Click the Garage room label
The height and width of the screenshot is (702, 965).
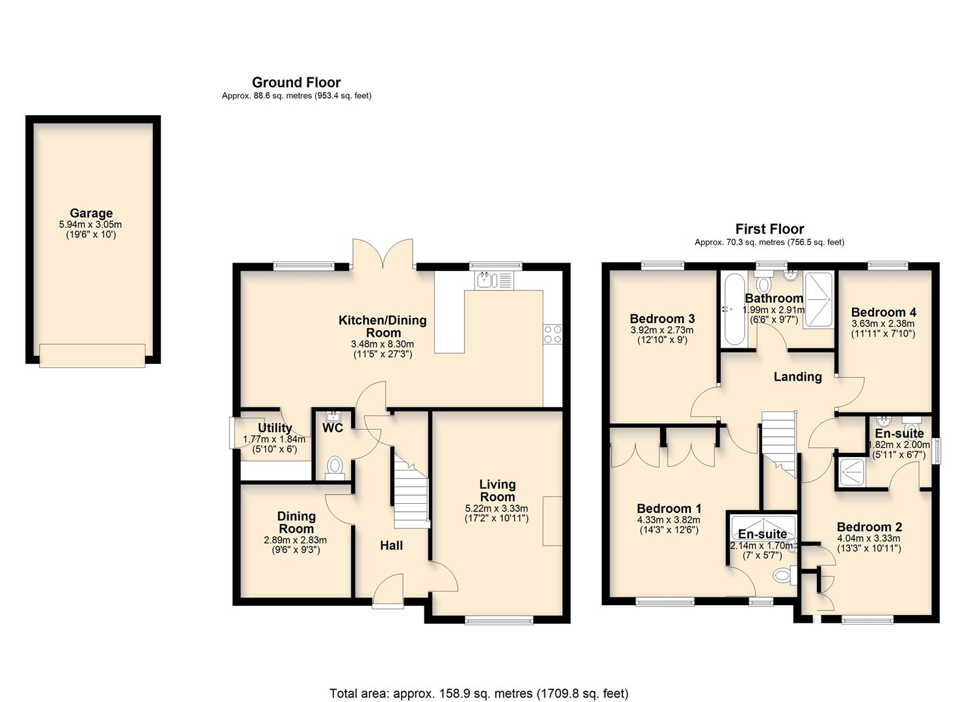click(91, 213)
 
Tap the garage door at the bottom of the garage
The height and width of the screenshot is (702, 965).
click(92, 355)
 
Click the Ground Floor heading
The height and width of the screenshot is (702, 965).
click(296, 83)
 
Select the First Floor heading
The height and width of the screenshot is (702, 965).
click(769, 229)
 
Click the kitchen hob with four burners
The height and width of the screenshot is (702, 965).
click(552, 334)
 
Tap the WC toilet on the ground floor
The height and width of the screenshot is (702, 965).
click(335, 466)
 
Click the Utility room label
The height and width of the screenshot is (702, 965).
click(274, 428)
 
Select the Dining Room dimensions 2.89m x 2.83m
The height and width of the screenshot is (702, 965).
click(295, 540)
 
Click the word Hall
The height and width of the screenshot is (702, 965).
click(391, 546)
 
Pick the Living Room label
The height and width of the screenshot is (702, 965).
click(497, 490)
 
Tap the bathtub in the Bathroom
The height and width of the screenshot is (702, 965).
click(735, 309)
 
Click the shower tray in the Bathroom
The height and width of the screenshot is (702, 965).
click(818, 300)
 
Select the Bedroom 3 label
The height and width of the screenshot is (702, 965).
click(662, 318)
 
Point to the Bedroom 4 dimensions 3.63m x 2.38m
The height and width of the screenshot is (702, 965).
click(882, 324)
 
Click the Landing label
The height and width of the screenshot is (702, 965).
click(797, 376)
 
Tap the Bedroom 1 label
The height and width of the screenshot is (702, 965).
click(669, 508)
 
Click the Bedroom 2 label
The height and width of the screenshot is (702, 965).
click(869, 527)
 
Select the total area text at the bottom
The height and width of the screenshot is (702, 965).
click(479, 694)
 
